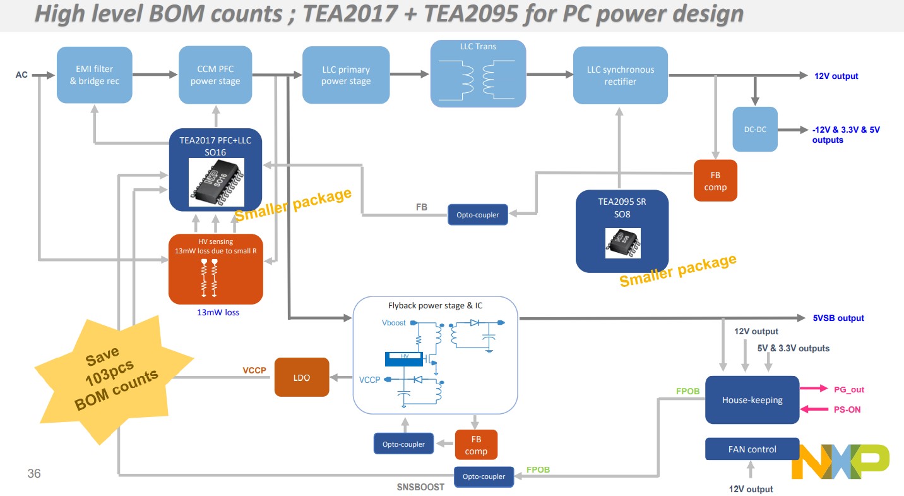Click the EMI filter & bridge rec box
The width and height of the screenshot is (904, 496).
95,75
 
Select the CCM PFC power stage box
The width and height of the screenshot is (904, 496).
216,75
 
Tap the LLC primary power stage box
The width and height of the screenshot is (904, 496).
345,75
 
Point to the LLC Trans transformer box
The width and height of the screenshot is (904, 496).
478,74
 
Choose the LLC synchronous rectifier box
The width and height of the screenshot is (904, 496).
620,75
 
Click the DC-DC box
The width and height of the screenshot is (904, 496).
755,129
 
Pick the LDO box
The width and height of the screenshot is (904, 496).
302,377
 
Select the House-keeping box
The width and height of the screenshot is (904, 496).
752,400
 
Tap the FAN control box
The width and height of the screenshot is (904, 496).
752,449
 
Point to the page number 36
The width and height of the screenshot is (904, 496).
34,473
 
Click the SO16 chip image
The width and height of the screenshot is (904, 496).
217,181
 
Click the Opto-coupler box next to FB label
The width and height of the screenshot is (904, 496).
477,215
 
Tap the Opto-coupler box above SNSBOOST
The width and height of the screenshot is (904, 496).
484,476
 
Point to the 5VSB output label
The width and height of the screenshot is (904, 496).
838,318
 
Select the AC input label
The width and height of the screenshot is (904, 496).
21,75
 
